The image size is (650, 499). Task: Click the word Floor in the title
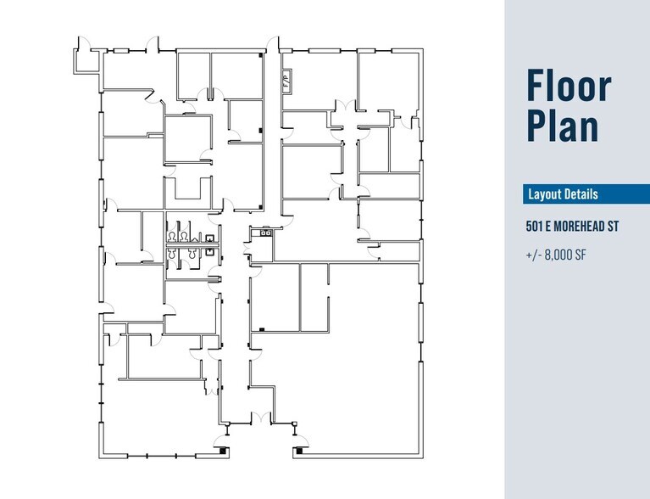coord(568,87)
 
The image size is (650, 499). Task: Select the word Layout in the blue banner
coord(545,194)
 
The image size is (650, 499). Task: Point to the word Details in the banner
coord(582,194)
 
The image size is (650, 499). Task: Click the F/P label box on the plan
coord(286,81)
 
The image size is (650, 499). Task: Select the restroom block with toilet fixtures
coord(192,246)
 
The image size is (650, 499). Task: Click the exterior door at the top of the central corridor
coord(272,44)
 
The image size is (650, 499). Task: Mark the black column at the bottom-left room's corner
coord(223,451)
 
